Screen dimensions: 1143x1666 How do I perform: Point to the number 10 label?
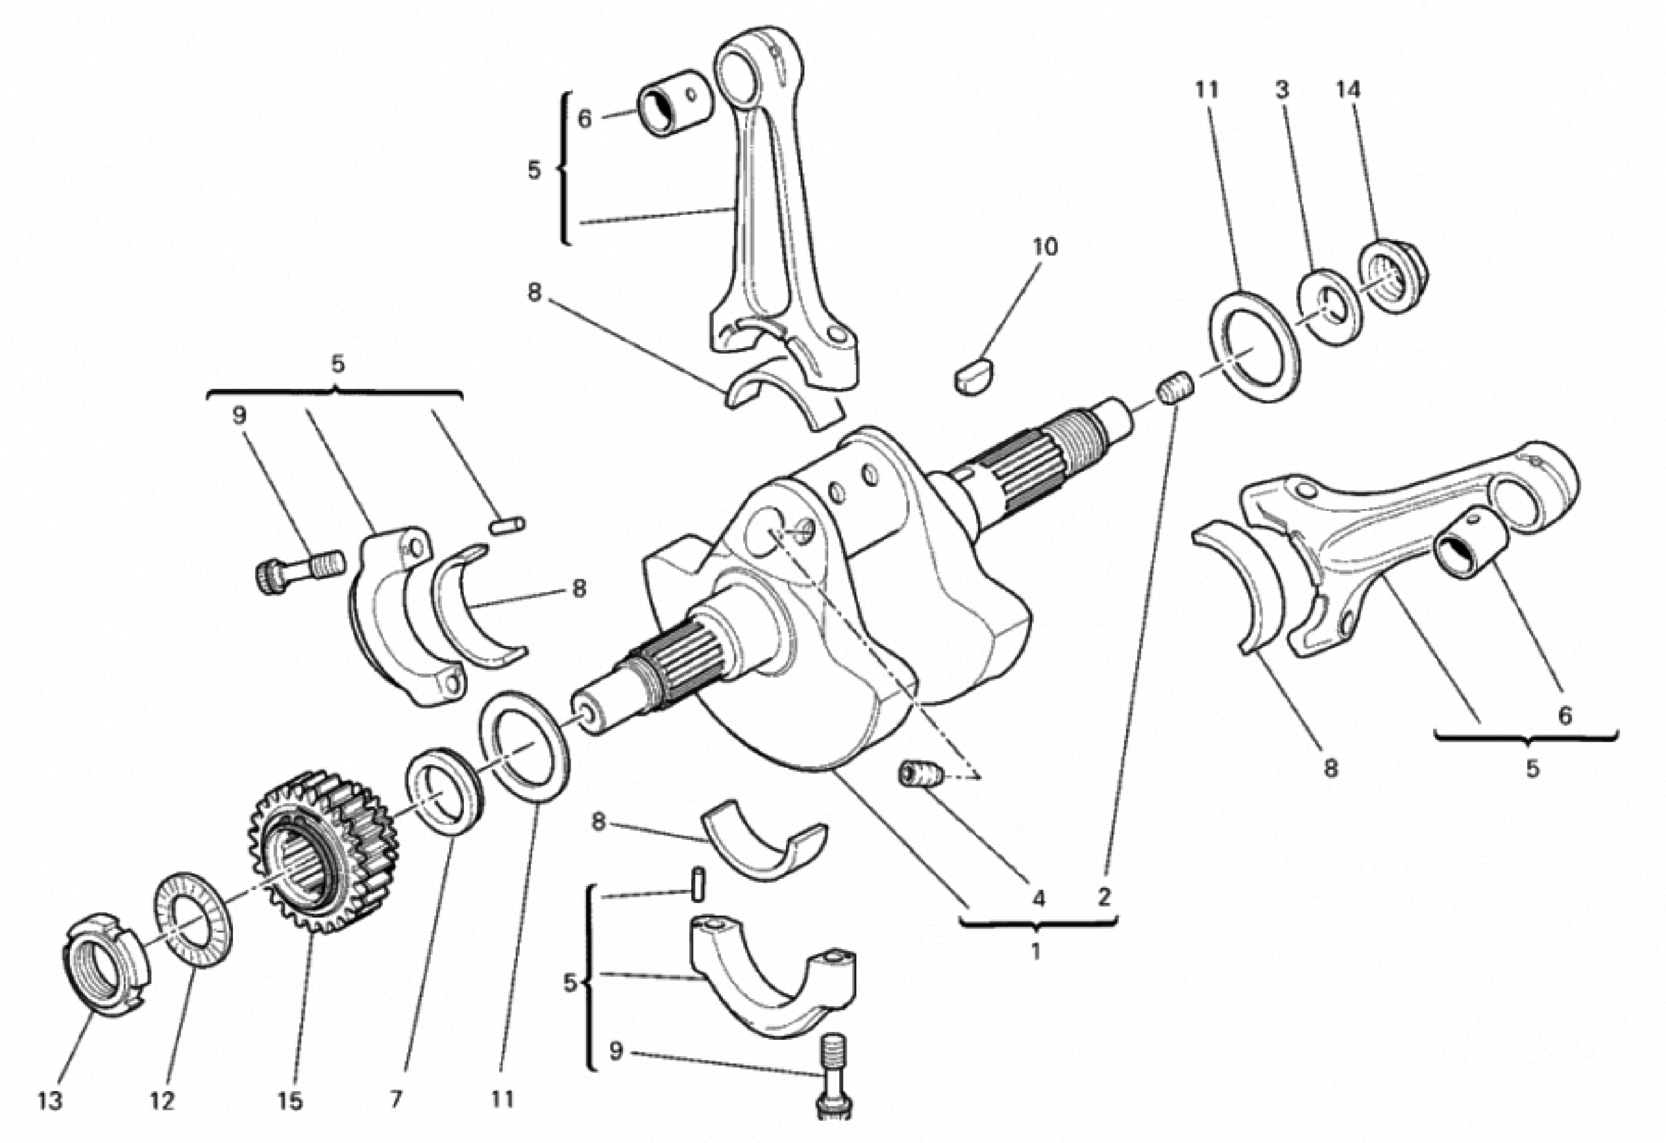pyautogui.click(x=1044, y=247)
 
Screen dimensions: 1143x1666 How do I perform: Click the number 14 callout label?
pyautogui.click(x=1348, y=90)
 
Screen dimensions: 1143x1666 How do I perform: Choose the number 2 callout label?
pyautogui.click(x=1104, y=896)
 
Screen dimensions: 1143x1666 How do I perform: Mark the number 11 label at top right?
pyautogui.click(x=1206, y=90)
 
